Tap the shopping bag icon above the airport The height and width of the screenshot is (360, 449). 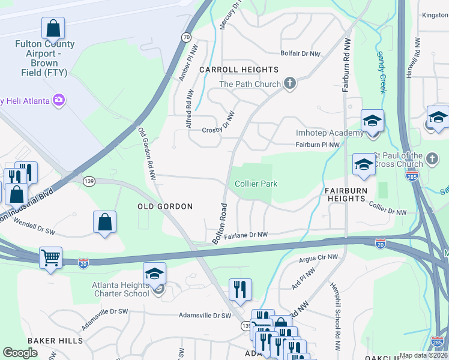[x=53, y=28]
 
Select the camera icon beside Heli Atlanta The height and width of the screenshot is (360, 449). [x=59, y=100]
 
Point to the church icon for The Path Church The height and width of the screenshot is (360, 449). [x=290, y=83]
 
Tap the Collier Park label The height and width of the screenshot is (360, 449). [x=256, y=184]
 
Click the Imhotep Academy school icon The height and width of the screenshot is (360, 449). [x=372, y=121]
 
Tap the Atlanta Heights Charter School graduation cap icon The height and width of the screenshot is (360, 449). [x=155, y=274]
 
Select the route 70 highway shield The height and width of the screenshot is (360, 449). [x=187, y=37]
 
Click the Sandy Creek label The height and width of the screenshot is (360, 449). [x=381, y=71]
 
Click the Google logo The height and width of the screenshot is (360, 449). [x=20, y=353]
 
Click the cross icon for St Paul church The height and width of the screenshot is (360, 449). [x=432, y=160]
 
